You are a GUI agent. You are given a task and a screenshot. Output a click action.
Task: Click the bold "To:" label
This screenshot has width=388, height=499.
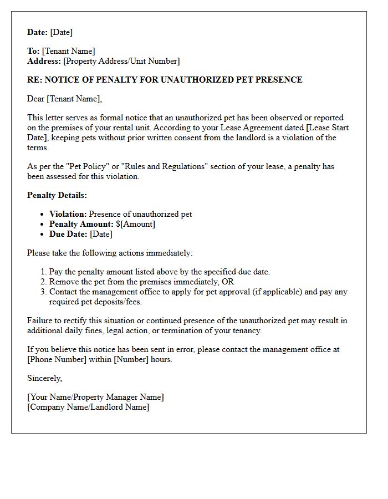(x=33, y=51)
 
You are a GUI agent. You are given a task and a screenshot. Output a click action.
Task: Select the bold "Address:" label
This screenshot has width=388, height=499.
(x=44, y=61)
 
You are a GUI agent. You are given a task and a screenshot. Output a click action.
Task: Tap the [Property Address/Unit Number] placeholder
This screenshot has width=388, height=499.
(x=121, y=61)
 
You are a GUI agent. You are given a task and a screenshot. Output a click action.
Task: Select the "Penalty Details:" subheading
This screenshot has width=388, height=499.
(x=57, y=195)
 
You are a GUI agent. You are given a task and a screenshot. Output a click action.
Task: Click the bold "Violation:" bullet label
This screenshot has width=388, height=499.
(x=68, y=214)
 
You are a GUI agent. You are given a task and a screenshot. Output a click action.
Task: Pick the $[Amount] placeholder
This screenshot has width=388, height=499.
(x=135, y=224)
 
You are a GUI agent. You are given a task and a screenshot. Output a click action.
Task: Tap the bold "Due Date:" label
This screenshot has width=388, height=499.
(x=68, y=234)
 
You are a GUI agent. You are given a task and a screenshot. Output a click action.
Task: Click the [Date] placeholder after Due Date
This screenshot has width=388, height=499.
(x=101, y=234)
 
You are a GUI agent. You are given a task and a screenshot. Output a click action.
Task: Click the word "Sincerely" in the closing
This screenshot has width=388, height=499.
(x=44, y=378)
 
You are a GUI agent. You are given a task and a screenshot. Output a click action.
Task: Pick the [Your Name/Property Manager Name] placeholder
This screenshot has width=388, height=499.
(x=95, y=397)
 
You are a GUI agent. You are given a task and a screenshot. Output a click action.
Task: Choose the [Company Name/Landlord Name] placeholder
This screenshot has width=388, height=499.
(x=88, y=407)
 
